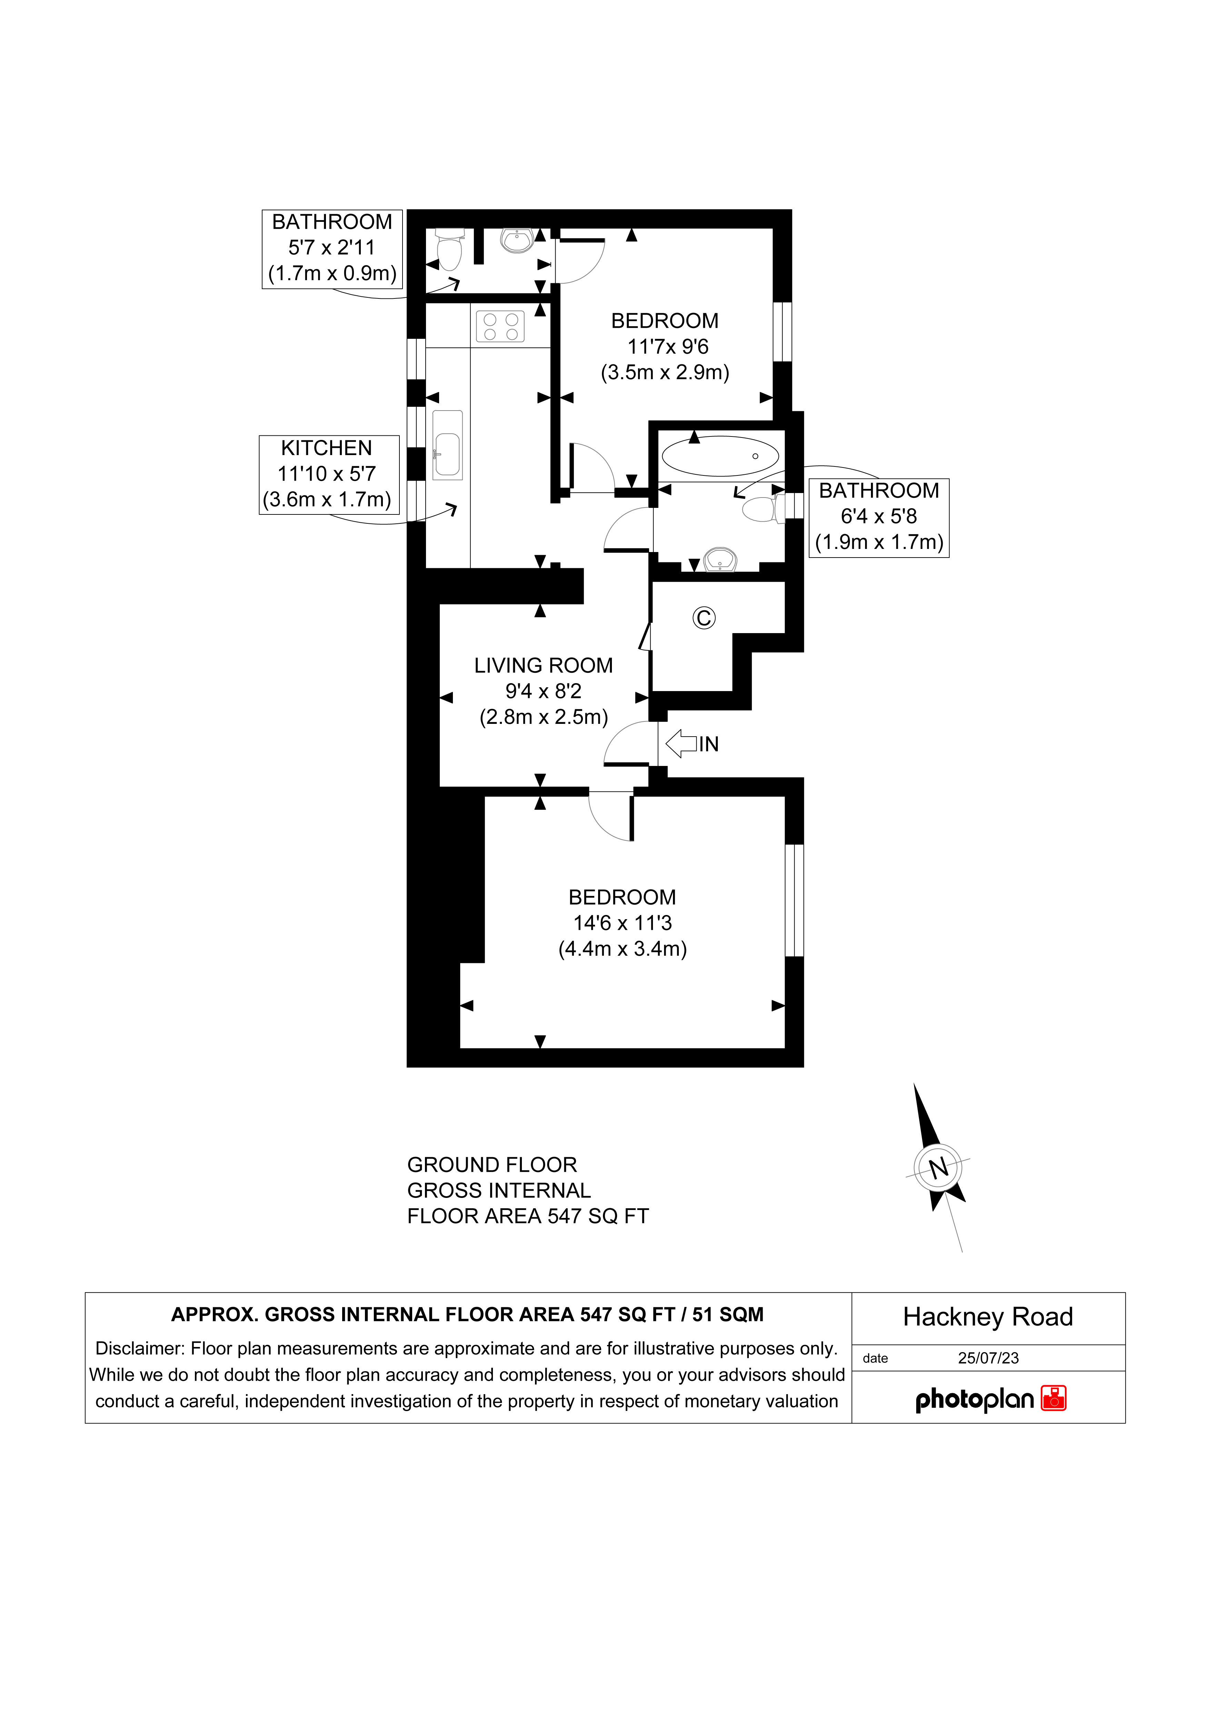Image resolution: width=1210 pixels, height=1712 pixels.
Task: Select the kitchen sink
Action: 447,444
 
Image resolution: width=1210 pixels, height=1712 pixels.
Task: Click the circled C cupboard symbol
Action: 704,618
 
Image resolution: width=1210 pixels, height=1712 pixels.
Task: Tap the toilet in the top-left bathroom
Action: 449,250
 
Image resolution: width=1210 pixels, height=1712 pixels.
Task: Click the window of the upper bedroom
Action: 782,331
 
